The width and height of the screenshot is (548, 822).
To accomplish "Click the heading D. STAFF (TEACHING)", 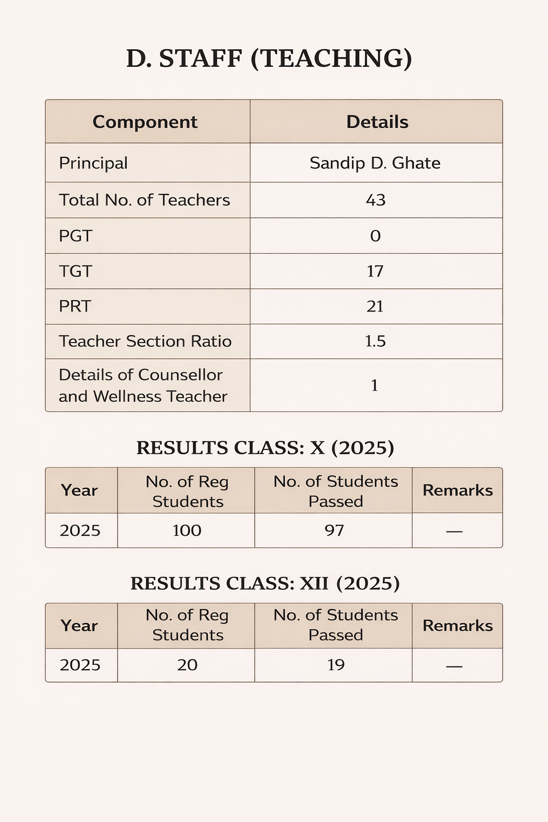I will (x=269, y=58).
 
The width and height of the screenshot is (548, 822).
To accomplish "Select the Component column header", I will (x=145, y=122).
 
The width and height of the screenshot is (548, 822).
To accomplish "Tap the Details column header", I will (x=377, y=122).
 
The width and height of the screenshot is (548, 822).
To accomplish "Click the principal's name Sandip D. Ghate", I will (x=375, y=163).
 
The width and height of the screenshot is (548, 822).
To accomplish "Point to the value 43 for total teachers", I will (x=376, y=200).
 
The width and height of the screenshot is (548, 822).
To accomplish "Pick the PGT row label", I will (x=75, y=236).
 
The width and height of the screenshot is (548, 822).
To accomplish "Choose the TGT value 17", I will (x=375, y=271).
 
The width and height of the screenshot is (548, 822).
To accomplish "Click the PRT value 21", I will (x=375, y=307).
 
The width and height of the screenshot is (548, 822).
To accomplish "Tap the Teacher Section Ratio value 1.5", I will (x=375, y=341).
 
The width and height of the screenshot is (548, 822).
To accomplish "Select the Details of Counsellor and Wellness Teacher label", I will (x=143, y=385).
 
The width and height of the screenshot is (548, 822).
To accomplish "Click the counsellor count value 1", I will (x=375, y=385).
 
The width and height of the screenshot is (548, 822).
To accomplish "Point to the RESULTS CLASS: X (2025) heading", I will (x=265, y=448).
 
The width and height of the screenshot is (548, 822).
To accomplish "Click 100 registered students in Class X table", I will (x=187, y=530).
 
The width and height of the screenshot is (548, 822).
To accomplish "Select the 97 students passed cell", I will (x=334, y=530).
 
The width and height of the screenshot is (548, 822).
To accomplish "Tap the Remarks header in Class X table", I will (x=458, y=490).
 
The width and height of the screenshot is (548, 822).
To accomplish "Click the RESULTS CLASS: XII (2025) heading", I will (x=265, y=583).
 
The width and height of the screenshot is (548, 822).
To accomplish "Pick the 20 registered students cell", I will (x=187, y=665).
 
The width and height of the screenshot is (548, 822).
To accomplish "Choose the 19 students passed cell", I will (x=336, y=665).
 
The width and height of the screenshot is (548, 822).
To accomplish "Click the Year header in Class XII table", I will (x=79, y=626).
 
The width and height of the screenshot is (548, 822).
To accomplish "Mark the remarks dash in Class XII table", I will (x=454, y=666).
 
